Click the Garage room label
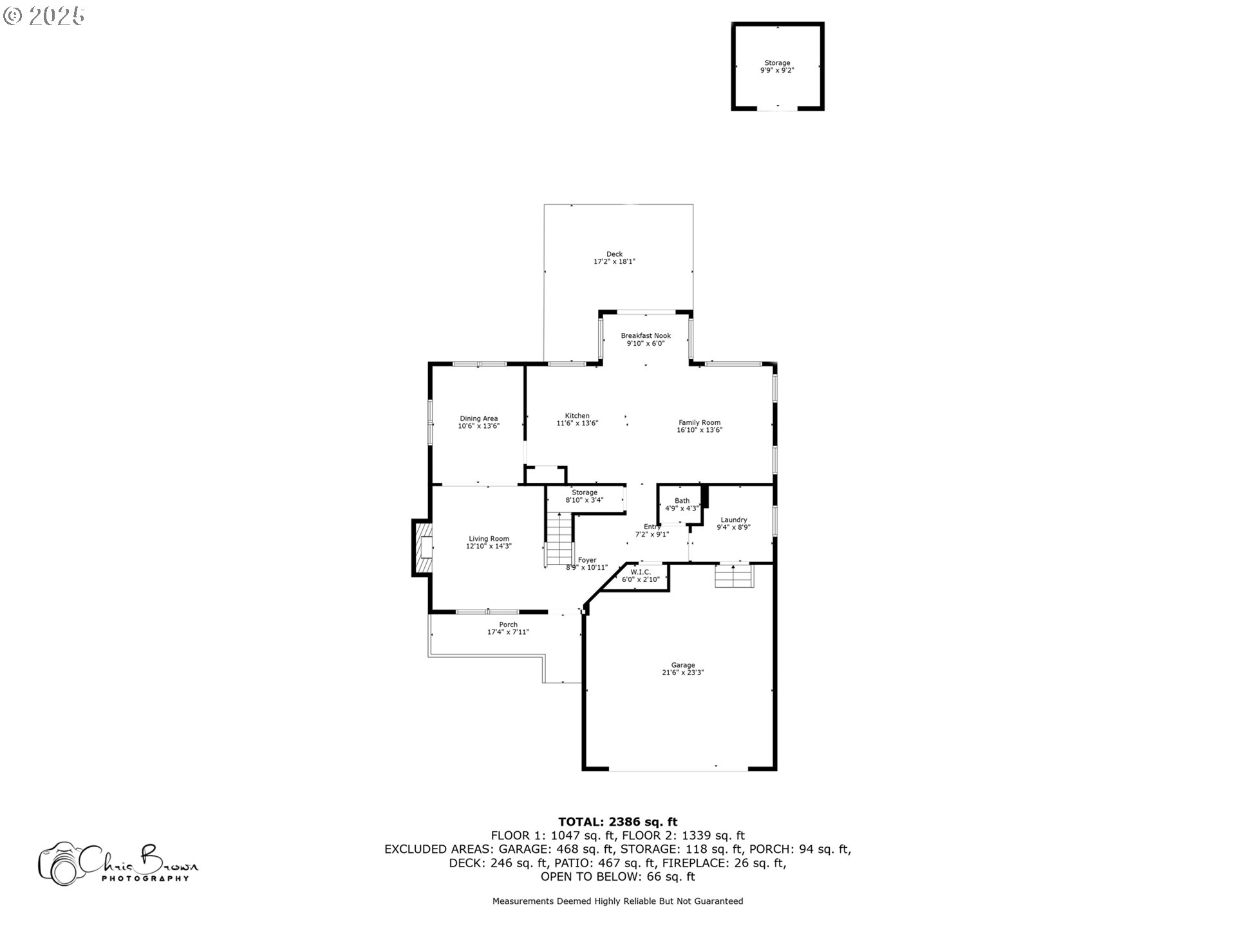click(x=683, y=665)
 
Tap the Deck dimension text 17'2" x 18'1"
click(x=615, y=262)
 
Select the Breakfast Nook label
click(x=646, y=335)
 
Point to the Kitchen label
click(x=577, y=416)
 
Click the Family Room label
click(x=700, y=422)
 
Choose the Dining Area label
click(x=479, y=418)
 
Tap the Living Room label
click(x=489, y=539)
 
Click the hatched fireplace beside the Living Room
click(x=423, y=548)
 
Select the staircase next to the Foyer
click(x=559, y=539)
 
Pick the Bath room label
click(x=682, y=500)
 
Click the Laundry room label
click(x=734, y=520)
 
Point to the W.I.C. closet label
click(x=641, y=572)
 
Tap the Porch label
click(x=509, y=624)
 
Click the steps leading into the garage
click(x=734, y=576)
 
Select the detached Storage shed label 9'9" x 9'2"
click(x=778, y=66)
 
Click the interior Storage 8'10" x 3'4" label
click(x=585, y=496)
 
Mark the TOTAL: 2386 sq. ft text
click(x=618, y=821)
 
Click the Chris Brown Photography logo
click(x=118, y=863)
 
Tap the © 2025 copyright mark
click(x=44, y=16)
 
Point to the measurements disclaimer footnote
click(x=618, y=901)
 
